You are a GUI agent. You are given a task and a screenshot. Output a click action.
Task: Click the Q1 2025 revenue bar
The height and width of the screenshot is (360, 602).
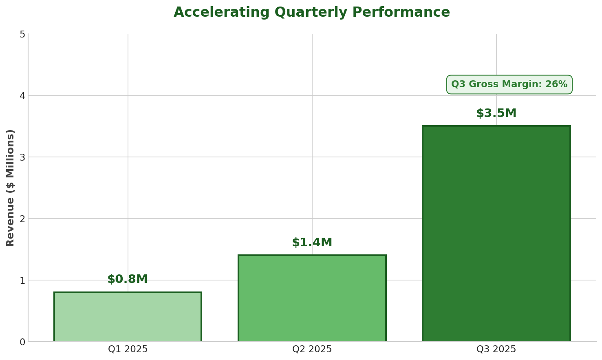point(128,317)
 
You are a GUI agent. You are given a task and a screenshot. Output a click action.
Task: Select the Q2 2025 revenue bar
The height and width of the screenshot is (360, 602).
point(312,298)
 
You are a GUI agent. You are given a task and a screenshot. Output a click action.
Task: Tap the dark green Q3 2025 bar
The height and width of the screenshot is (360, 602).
point(496,234)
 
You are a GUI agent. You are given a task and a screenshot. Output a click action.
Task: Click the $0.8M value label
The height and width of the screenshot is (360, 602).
point(128,280)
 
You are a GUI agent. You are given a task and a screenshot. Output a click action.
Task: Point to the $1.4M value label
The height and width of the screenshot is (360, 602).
point(312,243)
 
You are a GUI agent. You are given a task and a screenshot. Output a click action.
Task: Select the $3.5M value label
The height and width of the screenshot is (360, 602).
point(496,114)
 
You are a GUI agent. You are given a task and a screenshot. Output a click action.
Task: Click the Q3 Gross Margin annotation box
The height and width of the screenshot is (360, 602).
point(509,85)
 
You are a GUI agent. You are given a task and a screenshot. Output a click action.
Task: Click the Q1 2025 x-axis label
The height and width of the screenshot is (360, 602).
point(128,349)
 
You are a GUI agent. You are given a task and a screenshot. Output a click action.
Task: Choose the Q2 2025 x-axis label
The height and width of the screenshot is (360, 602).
point(312,349)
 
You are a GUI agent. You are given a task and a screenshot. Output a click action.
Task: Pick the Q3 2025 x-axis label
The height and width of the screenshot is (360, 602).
point(496,349)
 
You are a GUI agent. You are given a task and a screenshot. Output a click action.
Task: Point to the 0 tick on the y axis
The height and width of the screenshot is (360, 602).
point(22,342)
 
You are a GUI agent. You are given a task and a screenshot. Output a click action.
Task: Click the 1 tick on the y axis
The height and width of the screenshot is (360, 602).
point(22,280)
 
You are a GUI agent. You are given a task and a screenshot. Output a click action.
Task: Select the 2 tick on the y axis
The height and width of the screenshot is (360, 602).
point(22,219)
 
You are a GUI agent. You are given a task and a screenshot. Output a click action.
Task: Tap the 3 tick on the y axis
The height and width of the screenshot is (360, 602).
point(22,157)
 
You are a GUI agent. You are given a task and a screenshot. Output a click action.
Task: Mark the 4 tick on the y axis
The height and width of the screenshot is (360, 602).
point(22,96)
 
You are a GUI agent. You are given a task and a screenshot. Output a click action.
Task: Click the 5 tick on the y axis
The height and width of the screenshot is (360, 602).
point(22,34)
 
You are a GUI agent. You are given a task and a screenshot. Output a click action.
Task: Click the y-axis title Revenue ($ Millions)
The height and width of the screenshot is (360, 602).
point(11,188)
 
